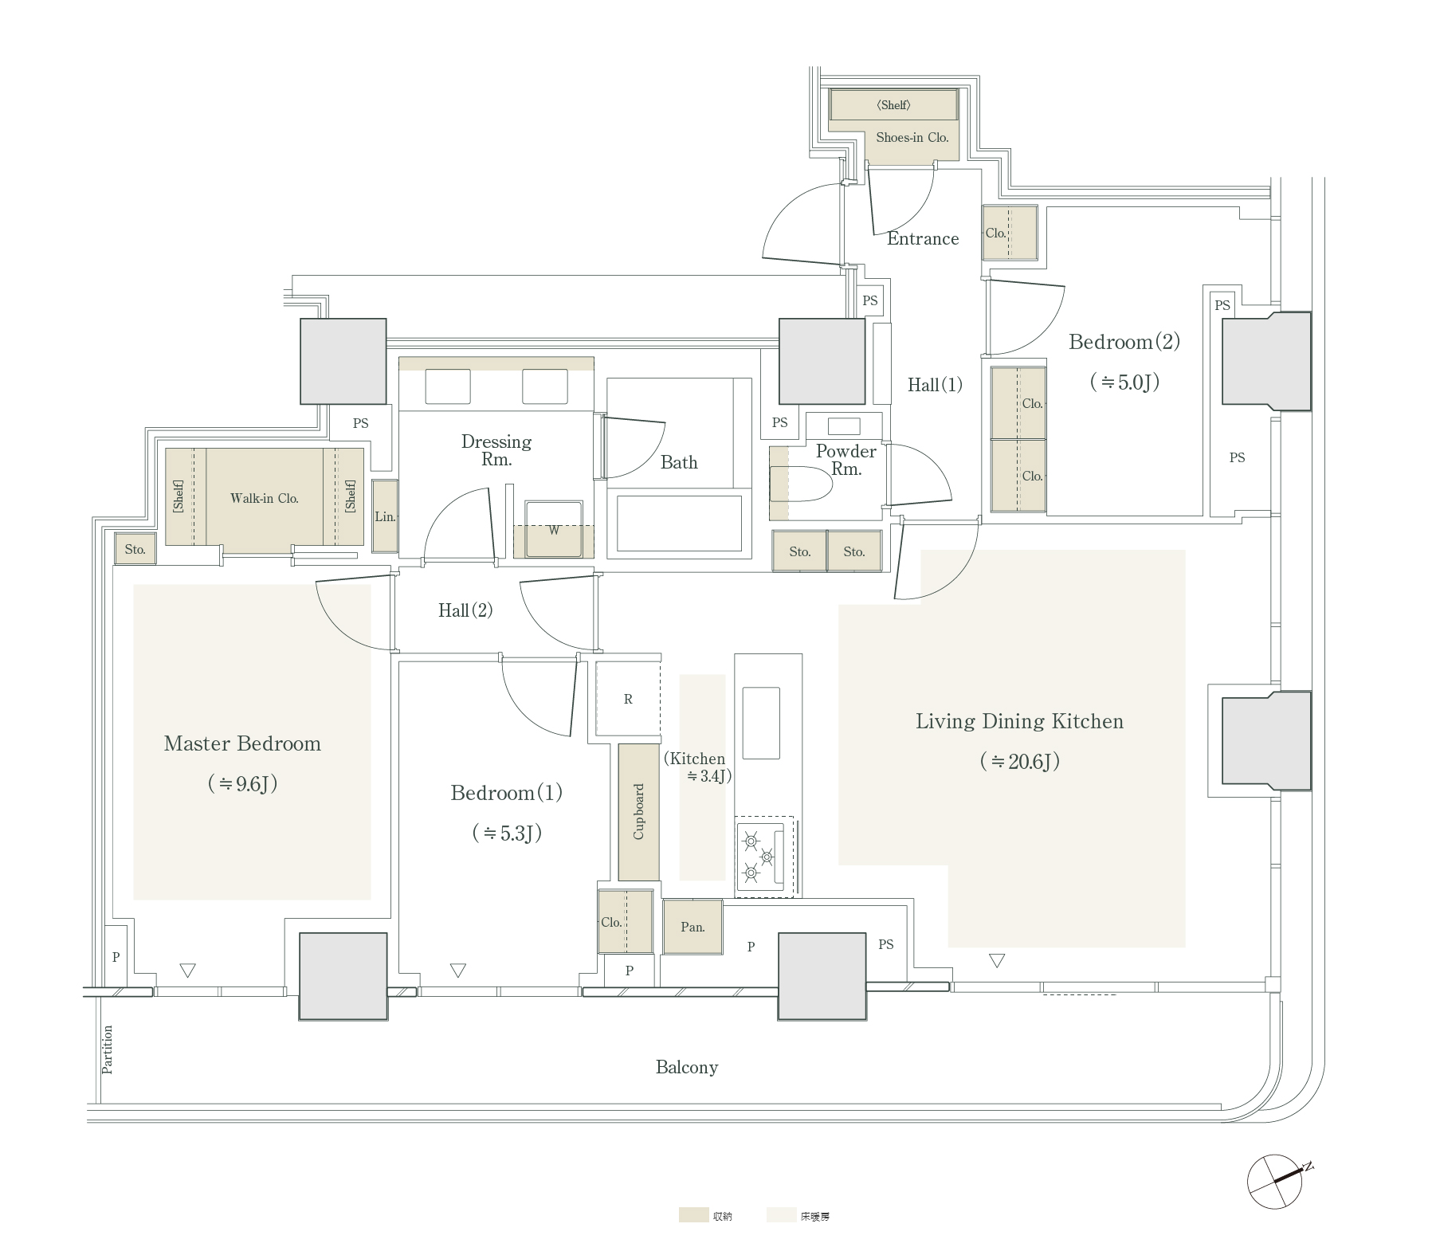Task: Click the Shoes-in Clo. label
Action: tap(912, 138)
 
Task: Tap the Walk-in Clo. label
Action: tap(264, 499)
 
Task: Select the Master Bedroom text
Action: tap(242, 744)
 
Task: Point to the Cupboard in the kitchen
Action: tap(638, 812)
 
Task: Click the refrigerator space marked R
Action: tap(628, 700)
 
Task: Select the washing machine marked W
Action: tap(553, 531)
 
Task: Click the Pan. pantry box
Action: tap(692, 927)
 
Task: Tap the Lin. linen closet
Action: tap(385, 516)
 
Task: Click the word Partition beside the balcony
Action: tap(108, 1049)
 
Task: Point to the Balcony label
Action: tap(686, 1068)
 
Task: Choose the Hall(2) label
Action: tap(465, 611)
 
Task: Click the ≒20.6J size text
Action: tap(1019, 762)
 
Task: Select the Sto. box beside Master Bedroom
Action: tap(135, 550)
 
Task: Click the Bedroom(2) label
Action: tap(1124, 343)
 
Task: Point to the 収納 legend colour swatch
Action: tap(693, 1215)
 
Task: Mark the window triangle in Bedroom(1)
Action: tap(457, 971)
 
